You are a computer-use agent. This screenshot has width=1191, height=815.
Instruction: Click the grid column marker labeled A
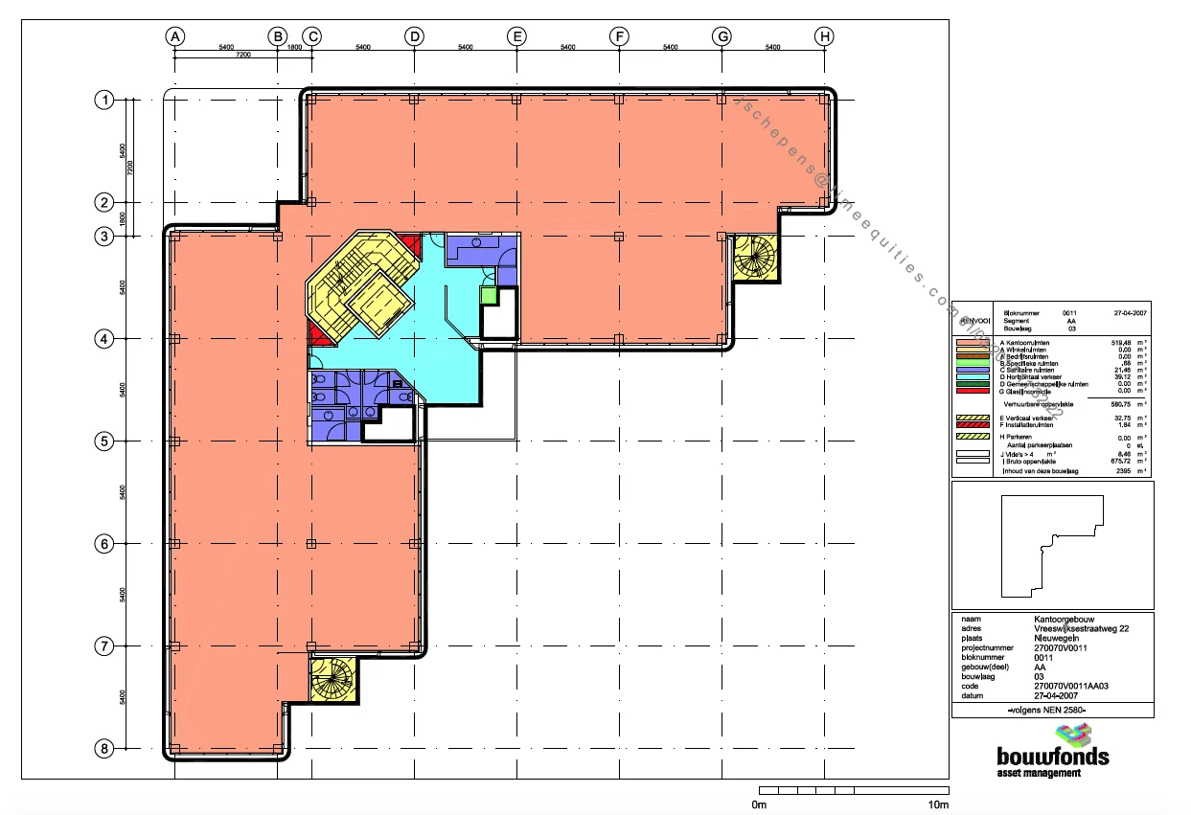tap(174, 36)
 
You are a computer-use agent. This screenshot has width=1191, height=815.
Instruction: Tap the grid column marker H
tap(824, 36)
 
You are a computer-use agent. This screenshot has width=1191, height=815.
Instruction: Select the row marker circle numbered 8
tap(103, 748)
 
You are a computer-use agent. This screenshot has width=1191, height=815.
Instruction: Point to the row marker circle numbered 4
tap(103, 338)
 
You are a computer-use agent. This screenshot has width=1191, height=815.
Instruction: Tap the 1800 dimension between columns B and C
tap(294, 46)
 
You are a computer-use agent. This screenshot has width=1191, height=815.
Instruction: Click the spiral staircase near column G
tap(755, 257)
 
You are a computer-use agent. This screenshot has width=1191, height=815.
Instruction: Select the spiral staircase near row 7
tap(332, 680)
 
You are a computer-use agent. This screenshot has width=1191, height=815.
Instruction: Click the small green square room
tap(490, 296)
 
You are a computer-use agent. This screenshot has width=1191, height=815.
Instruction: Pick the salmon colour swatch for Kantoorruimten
tap(974, 343)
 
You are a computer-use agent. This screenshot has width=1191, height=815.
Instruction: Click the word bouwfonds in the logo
tap(1052, 757)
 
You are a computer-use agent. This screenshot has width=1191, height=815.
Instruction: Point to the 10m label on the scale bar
tap(939, 805)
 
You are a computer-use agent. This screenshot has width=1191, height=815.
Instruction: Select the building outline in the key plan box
tap(1051, 546)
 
